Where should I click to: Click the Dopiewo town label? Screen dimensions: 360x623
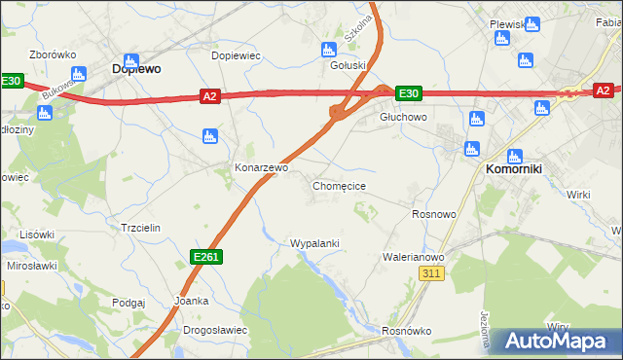(136, 69)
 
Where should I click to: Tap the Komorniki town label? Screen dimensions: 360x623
(519, 167)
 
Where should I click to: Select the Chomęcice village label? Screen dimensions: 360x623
(339, 185)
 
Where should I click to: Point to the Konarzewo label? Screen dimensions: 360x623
(262, 167)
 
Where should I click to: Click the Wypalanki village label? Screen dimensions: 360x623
(314, 242)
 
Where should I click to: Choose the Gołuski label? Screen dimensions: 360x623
(348, 66)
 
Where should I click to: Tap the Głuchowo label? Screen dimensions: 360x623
(403, 116)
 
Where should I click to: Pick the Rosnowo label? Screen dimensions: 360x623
(434, 213)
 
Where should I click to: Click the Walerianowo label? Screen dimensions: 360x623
(414, 257)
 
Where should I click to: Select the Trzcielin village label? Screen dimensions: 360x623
(140, 227)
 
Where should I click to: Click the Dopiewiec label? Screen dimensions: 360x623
(237, 55)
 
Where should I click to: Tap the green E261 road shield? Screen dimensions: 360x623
(205, 256)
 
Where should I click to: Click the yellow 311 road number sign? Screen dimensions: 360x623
(433, 275)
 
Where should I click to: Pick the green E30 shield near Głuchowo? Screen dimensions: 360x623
(409, 93)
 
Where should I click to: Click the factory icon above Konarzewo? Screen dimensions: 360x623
(208, 137)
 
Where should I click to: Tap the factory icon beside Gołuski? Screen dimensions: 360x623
(328, 50)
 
